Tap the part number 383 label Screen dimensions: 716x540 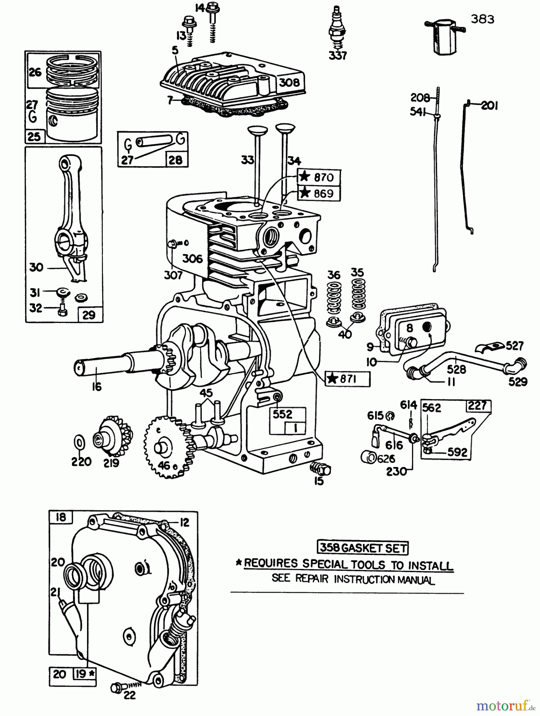[x=482, y=19]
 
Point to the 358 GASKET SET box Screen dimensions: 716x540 [x=362, y=548]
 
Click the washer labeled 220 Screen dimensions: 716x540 [x=79, y=442]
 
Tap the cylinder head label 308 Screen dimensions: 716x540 [x=289, y=82]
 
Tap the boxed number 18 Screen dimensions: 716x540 [x=61, y=517]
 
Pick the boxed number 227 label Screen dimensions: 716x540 [x=478, y=405]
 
